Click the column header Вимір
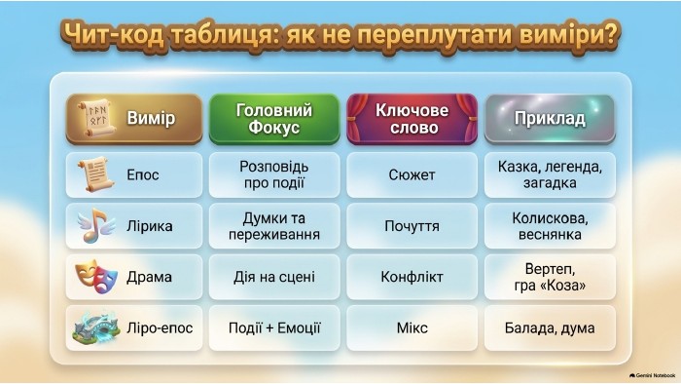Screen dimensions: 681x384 [134, 118]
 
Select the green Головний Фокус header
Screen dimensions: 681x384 [274, 118]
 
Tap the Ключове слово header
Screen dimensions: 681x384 [412, 118]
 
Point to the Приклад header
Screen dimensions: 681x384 [550, 118]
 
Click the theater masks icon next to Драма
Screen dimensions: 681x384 [96, 276]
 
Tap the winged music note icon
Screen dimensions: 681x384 [96, 225]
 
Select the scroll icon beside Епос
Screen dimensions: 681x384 [95, 174]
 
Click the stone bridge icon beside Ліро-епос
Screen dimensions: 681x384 [96, 327]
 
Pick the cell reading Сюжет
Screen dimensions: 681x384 [412, 174]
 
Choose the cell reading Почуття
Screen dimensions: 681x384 [412, 226]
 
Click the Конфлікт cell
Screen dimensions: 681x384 [412, 277]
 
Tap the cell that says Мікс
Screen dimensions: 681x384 [412, 327]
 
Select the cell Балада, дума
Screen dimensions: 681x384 [550, 327]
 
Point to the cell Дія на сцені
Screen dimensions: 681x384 [274, 277]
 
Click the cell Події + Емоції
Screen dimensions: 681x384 [274, 327]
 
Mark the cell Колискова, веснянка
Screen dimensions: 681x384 [550, 226]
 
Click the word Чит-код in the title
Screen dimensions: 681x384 [113, 35]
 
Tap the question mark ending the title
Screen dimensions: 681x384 [610, 34]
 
